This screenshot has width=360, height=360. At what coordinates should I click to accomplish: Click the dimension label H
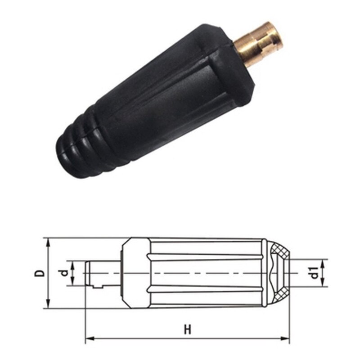tap(187, 329)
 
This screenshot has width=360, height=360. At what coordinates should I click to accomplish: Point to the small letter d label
tap(65, 273)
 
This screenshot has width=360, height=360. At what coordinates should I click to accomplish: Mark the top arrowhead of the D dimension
tap(47, 242)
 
